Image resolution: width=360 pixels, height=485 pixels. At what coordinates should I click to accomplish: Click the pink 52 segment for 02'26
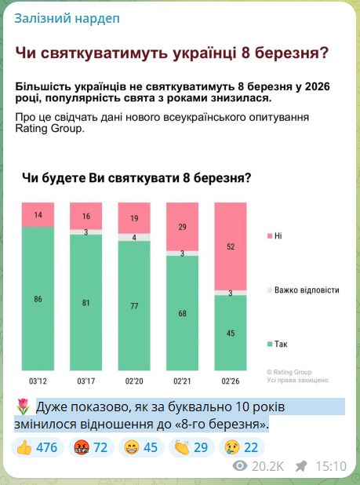click(x=230, y=246)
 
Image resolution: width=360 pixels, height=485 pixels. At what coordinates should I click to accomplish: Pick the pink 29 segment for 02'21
click(x=182, y=226)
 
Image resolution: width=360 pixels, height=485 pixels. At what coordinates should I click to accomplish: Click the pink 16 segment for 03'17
click(x=85, y=216)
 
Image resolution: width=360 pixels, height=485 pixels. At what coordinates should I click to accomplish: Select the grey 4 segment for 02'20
click(x=134, y=237)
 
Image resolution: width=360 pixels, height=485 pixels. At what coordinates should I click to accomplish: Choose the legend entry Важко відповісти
click(x=306, y=290)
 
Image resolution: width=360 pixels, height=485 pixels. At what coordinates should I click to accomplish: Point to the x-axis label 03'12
click(x=38, y=381)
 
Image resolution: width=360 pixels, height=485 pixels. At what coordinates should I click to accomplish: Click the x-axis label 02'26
click(x=230, y=381)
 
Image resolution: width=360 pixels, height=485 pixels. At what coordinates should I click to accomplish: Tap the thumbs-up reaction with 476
click(x=36, y=447)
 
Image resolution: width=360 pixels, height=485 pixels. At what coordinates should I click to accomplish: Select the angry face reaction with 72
click(x=90, y=447)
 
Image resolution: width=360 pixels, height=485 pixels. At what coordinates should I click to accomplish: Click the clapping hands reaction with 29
click(x=192, y=447)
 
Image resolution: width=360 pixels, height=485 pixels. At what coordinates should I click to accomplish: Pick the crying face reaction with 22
click(x=241, y=447)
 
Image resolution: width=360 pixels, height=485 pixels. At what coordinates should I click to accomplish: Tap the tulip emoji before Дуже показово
click(x=23, y=407)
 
